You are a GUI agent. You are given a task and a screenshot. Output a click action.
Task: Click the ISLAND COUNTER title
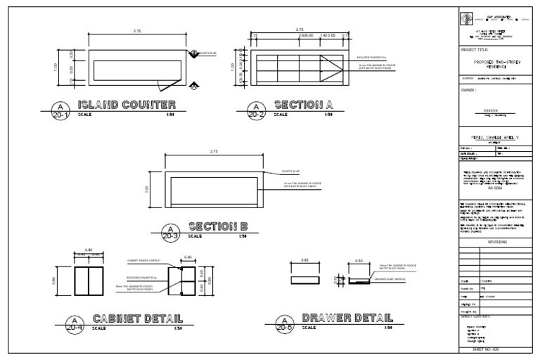127,105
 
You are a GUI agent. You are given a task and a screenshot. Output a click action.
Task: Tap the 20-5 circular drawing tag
284,323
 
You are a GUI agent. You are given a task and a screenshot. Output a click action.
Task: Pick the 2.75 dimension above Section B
213,152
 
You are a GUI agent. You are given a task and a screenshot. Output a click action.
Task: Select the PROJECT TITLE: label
473,49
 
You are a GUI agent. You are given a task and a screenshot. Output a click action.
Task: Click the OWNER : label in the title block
469,90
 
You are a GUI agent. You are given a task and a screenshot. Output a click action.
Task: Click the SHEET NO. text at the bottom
491,349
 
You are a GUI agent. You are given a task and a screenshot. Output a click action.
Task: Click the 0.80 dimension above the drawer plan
304,261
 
